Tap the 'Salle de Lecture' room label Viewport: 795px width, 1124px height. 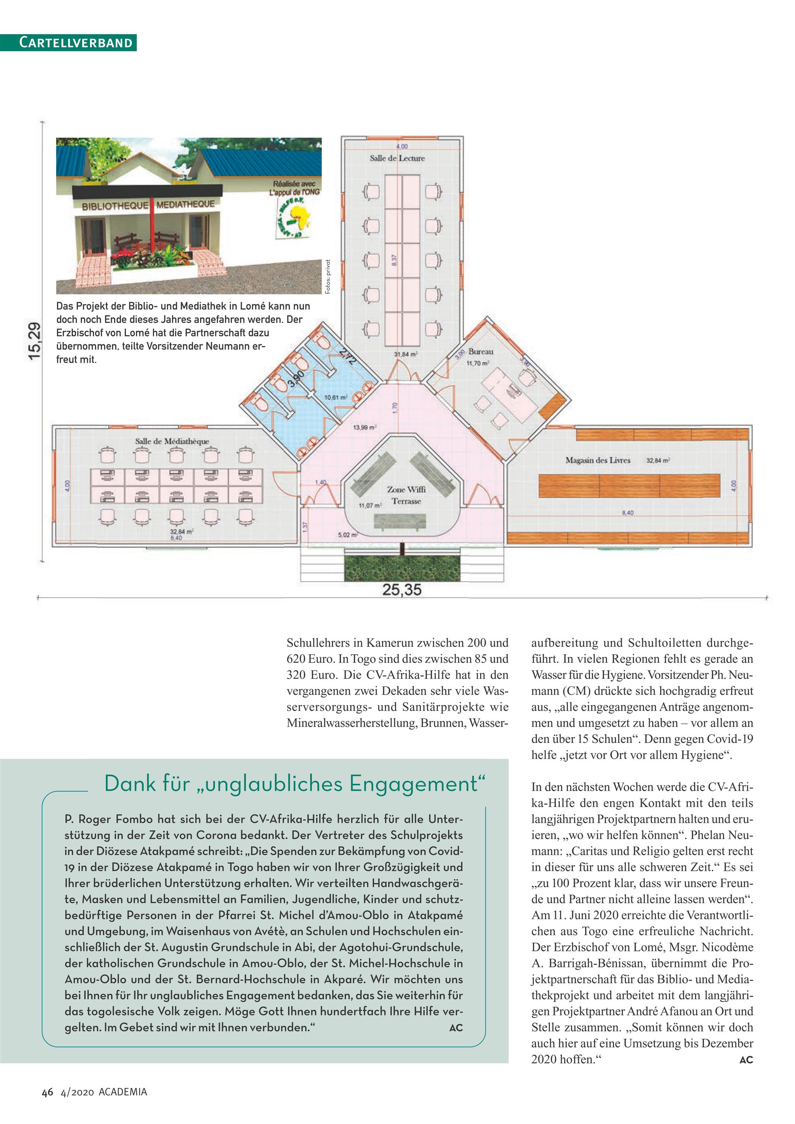[397, 158]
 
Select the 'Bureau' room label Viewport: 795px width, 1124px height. [481, 351]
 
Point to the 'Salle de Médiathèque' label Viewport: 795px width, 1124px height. [172, 441]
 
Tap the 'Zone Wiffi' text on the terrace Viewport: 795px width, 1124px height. [406, 489]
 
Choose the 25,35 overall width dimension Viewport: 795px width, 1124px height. [402, 590]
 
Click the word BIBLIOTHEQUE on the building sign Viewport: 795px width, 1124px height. [115, 206]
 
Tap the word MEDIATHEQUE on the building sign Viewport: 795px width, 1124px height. [186, 204]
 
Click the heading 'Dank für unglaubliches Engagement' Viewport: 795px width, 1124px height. [295, 784]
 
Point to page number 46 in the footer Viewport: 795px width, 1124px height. [47, 1092]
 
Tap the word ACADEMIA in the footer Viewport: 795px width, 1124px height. [123, 1092]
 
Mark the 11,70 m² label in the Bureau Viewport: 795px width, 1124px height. [478, 363]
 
